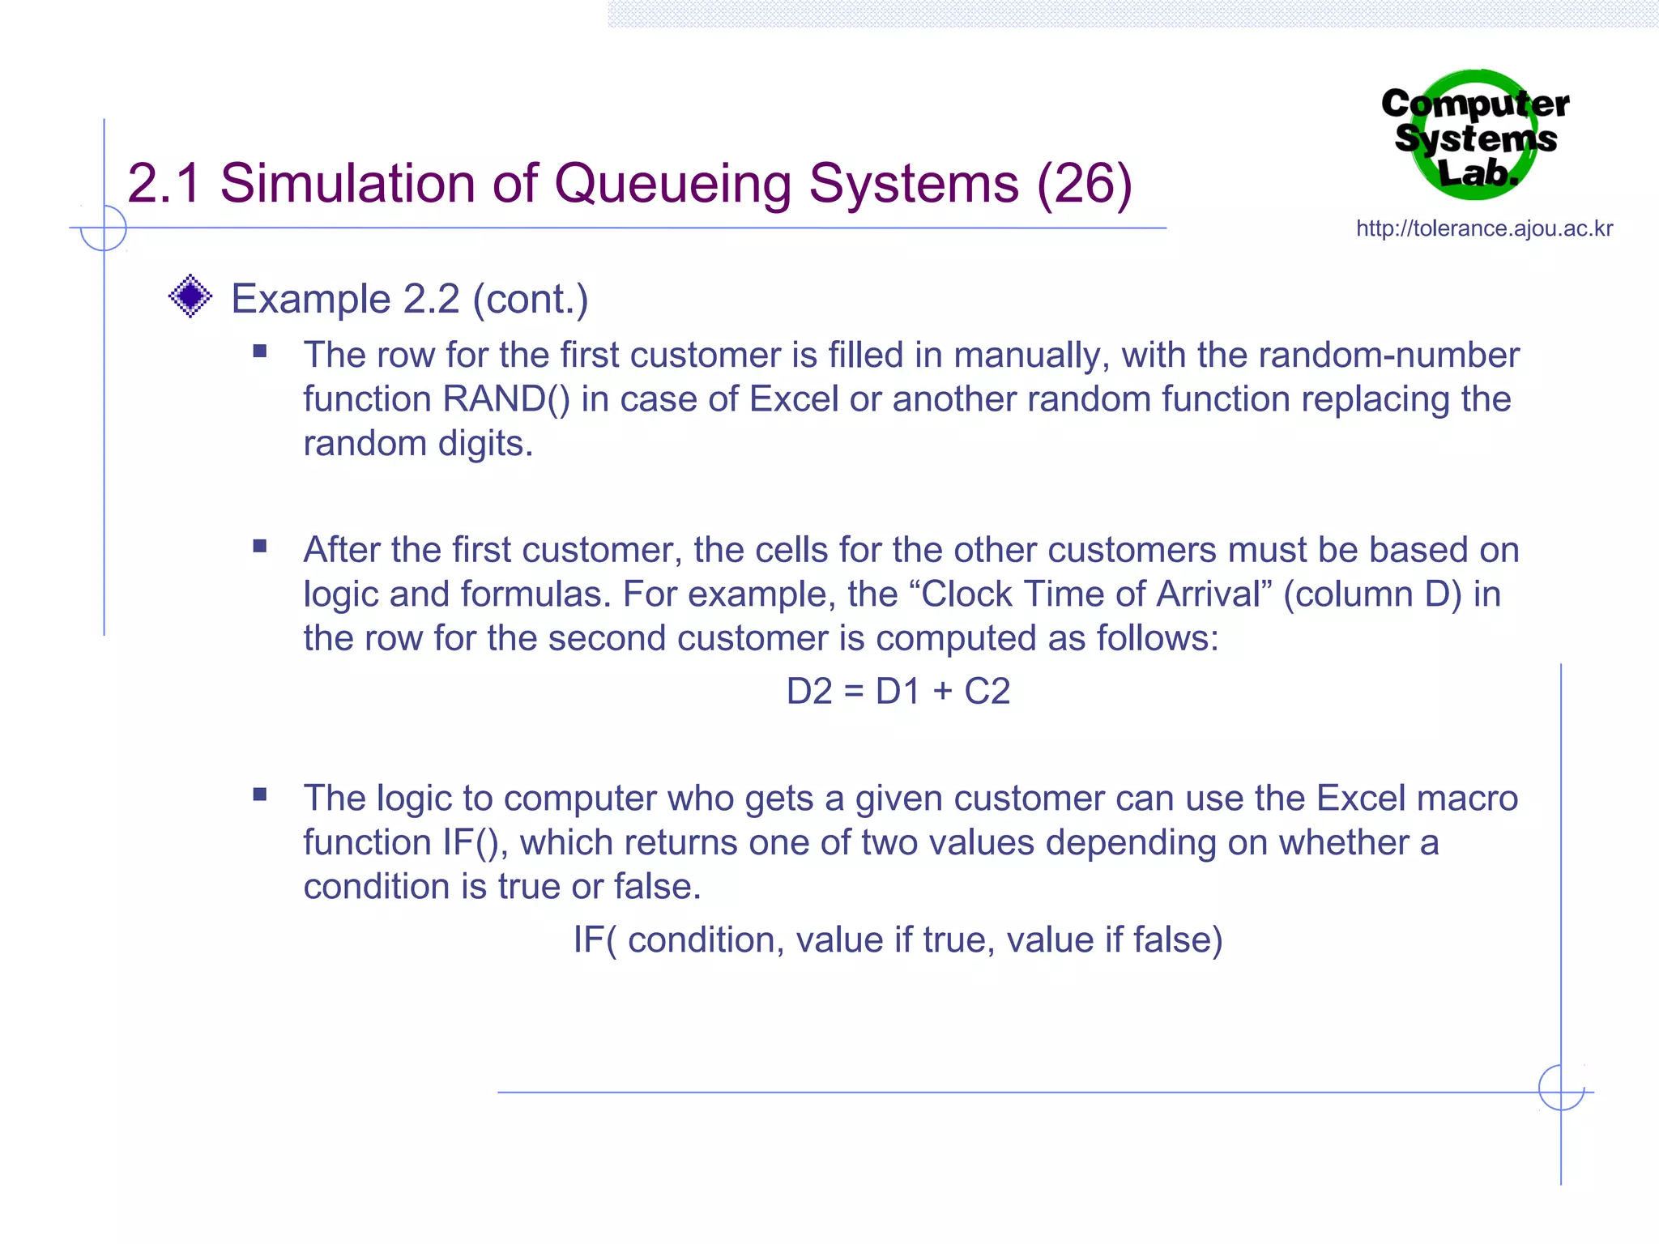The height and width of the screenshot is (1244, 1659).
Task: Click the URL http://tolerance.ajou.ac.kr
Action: (x=1484, y=228)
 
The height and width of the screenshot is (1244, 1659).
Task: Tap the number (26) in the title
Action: (x=1084, y=183)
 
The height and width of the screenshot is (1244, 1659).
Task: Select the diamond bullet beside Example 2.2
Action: (x=190, y=296)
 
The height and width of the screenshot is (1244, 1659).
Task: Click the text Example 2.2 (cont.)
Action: (x=409, y=299)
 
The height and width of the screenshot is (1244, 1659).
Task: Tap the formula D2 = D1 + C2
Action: (x=898, y=692)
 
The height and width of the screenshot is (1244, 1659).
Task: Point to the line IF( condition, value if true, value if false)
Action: (x=898, y=940)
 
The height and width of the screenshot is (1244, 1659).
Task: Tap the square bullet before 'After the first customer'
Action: (x=260, y=547)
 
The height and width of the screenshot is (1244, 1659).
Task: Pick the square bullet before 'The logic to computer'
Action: (x=260, y=795)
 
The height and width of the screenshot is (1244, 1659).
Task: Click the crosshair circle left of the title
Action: (x=104, y=228)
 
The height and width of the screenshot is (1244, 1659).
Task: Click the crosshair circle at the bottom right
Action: (x=1561, y=1088)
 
